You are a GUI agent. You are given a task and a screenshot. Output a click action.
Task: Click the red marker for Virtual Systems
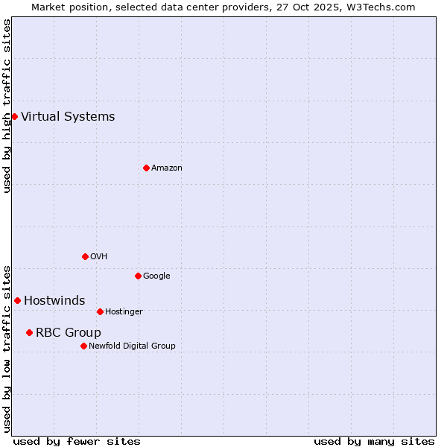click(x=14, y=116)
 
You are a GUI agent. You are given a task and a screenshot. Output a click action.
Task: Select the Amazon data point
click(x=146, y=168)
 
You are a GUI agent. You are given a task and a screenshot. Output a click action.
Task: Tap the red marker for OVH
click(x=85, y=256)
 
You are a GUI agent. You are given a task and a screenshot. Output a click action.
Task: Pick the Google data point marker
click(x=138, y=276)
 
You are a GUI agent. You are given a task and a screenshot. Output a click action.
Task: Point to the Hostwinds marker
click(x=17, y=300)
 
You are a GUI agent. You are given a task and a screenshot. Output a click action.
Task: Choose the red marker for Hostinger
click(x=100, y=311)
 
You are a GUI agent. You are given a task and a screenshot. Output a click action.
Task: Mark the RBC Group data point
click(x=29, y=332)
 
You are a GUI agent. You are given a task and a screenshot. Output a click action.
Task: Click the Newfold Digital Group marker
click(x=83, y=346)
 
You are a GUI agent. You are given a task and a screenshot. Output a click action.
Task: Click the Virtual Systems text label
click(x=68, y=116)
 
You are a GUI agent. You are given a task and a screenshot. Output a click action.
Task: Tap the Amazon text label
click(x=167, y=168)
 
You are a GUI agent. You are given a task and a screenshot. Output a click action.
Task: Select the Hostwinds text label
click(x=54, y=300)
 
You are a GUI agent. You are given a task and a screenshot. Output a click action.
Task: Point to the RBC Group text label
click(x=69, y=332)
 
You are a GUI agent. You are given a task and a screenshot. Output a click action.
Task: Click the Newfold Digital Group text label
click(x=133, y=346)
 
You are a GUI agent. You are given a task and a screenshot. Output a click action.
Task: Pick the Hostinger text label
click(x=124, y=311)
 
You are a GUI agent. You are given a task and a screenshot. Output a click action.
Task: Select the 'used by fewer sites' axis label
click(x=77, y=441)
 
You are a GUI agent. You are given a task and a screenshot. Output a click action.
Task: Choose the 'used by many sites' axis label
click(x=374, y=441)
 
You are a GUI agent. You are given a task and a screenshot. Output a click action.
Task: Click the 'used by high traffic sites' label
click(x=7, y=106)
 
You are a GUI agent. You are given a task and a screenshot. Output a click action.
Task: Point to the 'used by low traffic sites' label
click(x=7, y=348)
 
